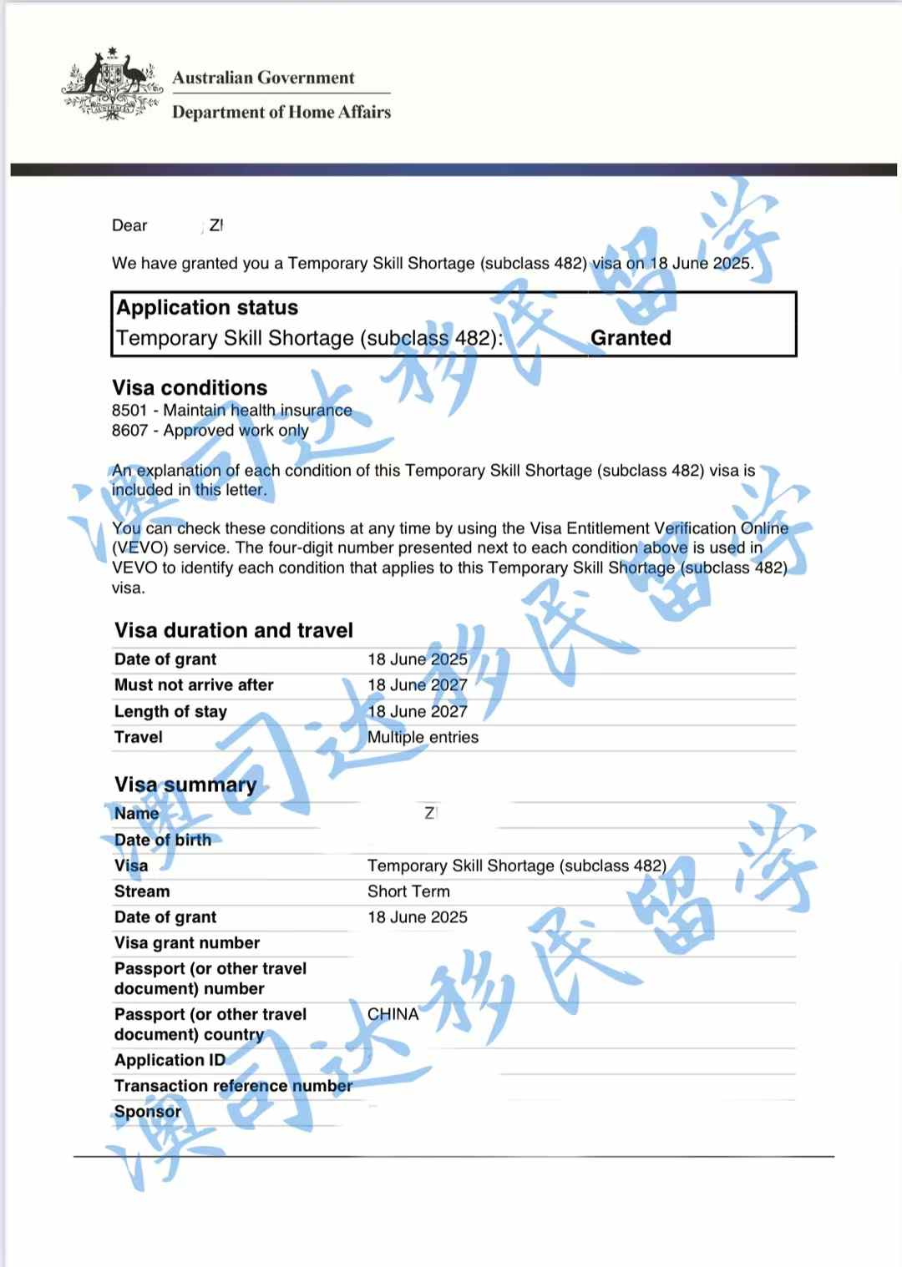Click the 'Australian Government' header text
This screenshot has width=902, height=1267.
263,78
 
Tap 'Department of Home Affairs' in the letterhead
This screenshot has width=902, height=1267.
281,112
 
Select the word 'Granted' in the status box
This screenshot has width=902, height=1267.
631,338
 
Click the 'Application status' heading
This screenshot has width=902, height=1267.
207,308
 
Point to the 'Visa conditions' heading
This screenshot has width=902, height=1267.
190,388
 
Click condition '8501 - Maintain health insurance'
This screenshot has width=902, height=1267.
231,411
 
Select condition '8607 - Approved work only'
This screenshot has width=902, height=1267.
210,431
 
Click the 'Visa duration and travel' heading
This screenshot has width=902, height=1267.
234,630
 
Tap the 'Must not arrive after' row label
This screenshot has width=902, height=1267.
194,685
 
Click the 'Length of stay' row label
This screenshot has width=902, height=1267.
170,712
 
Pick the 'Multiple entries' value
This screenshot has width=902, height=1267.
423,737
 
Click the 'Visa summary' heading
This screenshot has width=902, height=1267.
185,785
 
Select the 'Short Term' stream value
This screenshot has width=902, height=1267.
408,891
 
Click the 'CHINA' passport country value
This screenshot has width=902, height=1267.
393,1014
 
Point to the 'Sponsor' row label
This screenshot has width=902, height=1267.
147,1112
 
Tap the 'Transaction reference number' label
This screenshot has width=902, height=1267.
233,1086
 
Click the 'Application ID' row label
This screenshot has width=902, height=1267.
170,1060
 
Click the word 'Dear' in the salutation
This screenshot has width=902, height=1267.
129,225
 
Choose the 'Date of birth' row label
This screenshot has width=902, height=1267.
163,840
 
